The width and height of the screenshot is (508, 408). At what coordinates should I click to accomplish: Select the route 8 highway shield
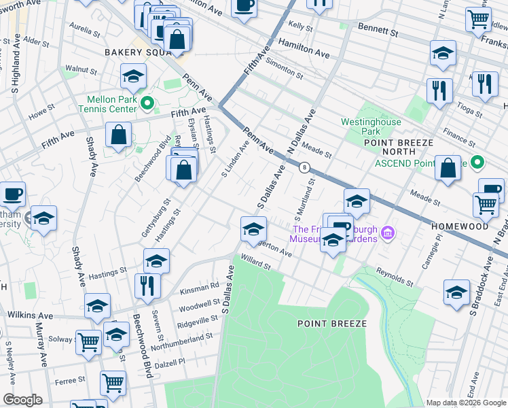click(305, 167)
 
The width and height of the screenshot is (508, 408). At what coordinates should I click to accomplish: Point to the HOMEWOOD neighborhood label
click(459, 226)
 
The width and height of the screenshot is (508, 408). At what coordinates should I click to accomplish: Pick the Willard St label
click(255, 262)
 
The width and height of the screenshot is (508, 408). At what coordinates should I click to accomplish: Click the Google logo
click(22, 399)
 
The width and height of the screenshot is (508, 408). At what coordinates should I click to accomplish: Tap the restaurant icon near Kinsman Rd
click(147, 286)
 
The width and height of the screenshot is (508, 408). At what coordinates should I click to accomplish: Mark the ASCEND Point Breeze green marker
click(477, 163)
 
